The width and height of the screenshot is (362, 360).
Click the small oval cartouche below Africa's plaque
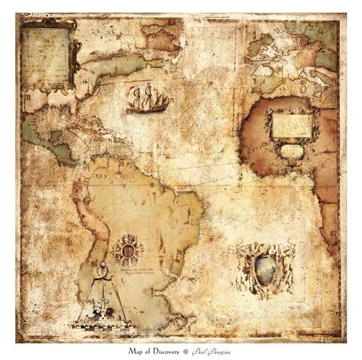(291, 150)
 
